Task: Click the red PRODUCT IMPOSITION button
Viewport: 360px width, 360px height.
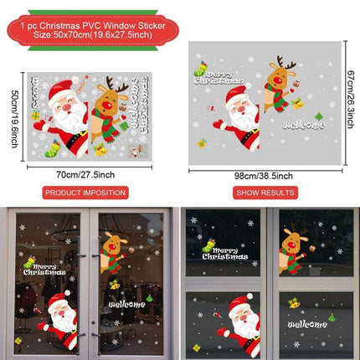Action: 86,192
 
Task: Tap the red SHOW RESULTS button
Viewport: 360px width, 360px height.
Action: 265,192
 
